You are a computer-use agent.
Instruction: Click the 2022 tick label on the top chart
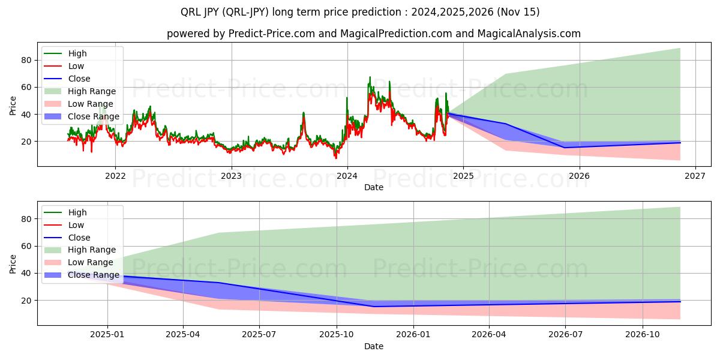(115, 176)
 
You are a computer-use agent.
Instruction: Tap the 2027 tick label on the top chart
(695, 176)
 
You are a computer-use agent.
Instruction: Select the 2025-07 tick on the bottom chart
(259, 335)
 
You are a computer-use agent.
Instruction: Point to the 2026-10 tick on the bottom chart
(643, 335)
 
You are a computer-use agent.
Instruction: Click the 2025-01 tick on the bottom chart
(107, 335)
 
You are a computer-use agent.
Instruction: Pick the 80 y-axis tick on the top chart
(26, 60)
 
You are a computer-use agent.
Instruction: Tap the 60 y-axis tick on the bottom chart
(26, 246)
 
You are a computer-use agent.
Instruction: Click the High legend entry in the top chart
(77, 53)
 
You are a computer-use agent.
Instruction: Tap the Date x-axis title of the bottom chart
(373, 346)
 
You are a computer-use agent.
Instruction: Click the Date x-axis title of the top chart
(373, 187)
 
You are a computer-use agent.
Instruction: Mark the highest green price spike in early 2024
(370, 77)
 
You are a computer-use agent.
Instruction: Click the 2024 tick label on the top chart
(347, 176)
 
